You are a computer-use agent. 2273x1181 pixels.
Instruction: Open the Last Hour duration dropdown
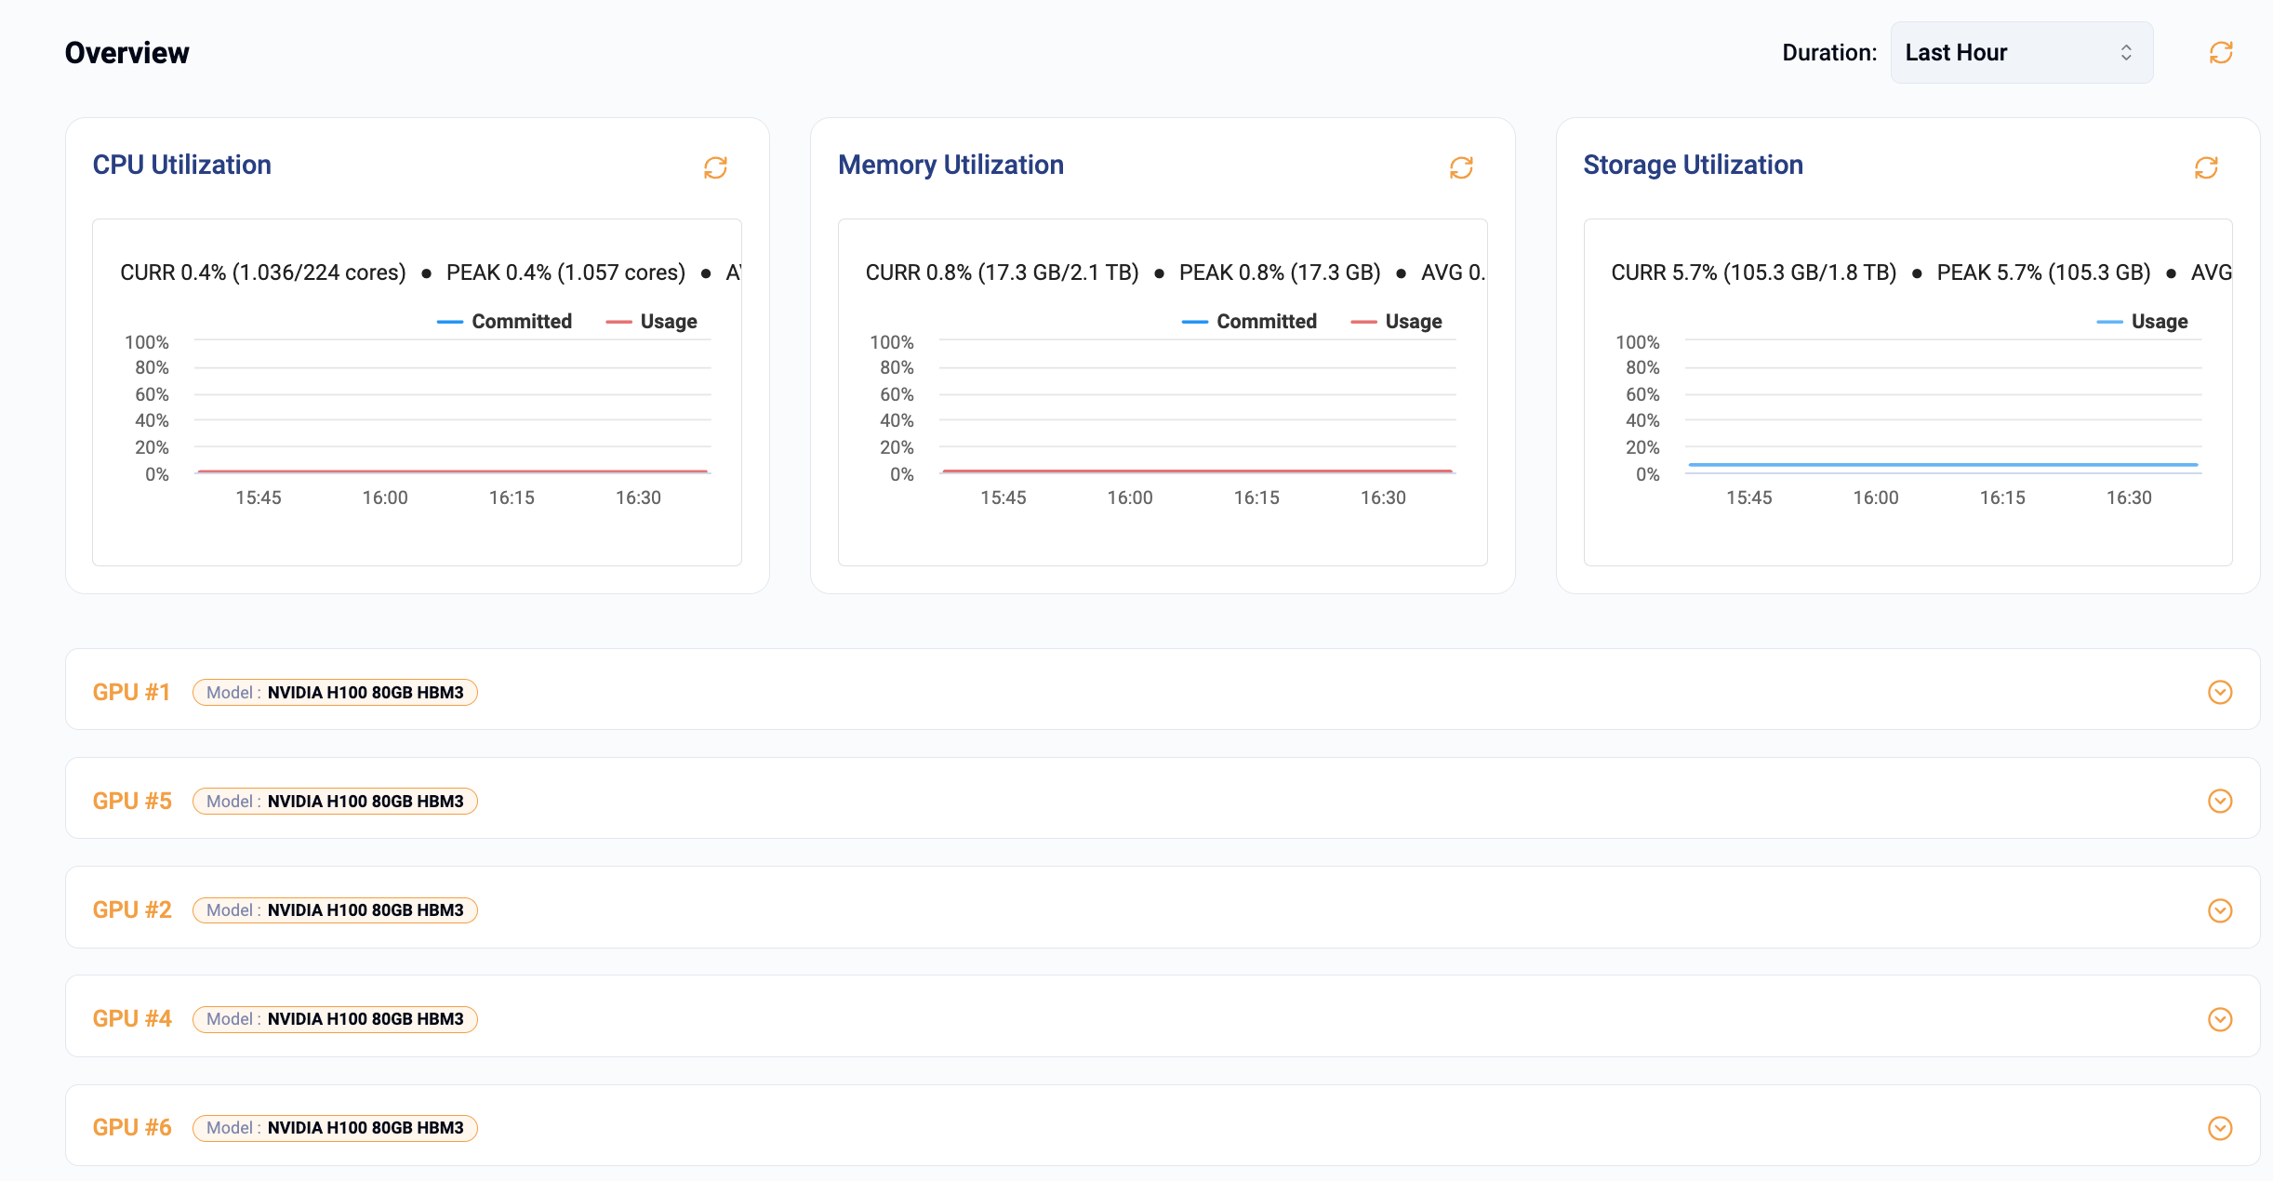point(2020,53)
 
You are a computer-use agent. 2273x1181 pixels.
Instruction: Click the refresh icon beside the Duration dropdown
point(2221,53)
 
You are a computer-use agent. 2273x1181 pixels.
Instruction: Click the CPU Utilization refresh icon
point(715,167)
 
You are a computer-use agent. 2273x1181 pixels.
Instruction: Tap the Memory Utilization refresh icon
point(1461,167)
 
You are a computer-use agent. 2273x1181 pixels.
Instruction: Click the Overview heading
point(127,53)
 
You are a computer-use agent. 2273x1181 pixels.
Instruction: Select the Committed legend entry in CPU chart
point(505,322)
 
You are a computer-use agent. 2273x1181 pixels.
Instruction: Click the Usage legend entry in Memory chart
point(1397,322)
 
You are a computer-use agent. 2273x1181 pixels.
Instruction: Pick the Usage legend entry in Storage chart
point(2143,322)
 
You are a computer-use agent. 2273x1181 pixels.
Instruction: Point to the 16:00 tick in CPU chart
point(385,498)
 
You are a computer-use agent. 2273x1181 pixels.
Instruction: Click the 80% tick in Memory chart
point(897,368)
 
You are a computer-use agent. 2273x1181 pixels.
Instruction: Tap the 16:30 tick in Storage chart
point(2129,498)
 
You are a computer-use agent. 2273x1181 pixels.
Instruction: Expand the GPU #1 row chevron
point(2220,692)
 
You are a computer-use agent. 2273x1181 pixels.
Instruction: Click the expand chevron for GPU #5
point(2220,801)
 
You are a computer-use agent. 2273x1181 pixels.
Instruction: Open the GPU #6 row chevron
point(2220,1128)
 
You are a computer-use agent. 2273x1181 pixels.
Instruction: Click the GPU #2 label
point(132,909)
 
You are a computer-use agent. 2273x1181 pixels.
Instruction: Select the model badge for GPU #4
point(335,1019)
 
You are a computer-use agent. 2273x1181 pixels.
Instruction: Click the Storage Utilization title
point(1693,165)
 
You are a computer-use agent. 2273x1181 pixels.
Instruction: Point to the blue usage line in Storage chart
point(1944,464)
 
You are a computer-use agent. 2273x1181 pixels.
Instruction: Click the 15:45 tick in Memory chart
point(1004,498)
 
